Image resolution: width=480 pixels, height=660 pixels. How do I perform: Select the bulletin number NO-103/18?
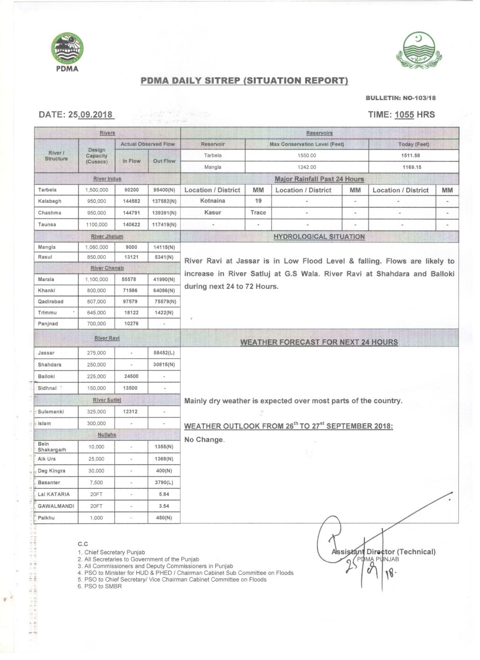[419, 97]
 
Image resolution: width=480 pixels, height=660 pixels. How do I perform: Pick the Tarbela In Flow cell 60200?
[131, 190]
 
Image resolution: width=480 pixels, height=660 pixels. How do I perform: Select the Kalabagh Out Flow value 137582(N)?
[164, 201]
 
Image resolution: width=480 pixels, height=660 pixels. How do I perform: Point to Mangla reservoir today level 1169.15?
[413, 167]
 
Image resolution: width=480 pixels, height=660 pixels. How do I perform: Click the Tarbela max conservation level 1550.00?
[307, 155]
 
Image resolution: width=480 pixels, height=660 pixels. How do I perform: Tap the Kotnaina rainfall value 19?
[258, 201]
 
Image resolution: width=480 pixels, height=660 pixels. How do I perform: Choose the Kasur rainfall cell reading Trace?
[258, 212]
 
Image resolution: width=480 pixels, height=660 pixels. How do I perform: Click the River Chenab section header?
[107, 268]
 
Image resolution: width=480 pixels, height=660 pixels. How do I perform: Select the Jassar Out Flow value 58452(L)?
[164, 353]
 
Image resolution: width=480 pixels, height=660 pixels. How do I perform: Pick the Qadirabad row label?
[51, 302]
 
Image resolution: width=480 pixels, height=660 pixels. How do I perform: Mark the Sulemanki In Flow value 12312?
[131, 412]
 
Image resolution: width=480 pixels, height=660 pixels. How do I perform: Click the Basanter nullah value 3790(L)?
[164, 483]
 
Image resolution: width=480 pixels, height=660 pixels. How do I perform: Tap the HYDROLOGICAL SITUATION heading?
[319, 237]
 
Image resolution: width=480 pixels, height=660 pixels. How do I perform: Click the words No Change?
[204, 440]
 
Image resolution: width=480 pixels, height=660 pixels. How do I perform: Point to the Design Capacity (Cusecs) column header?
[96, 155]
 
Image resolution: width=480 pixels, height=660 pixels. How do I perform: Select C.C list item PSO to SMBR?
[100, 586]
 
